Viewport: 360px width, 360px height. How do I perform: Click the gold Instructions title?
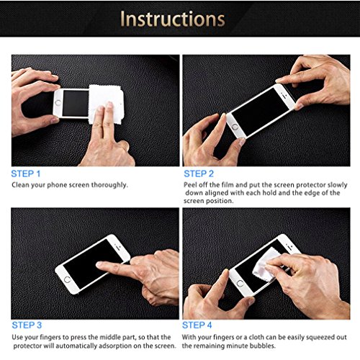click(x=172, y=19)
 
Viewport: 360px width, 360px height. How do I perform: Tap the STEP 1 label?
click(x=26, y=174)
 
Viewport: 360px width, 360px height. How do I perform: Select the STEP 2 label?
click(x=199, y=174)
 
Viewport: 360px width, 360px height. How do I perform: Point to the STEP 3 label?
click(x=27, y=325)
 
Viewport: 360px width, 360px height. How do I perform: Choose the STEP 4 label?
click(x=197, y=325)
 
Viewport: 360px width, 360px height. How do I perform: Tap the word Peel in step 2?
click(x=189, y=185)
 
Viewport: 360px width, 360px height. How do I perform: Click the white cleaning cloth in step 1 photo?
click(x=106, y=102)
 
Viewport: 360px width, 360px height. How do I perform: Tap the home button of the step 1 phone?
click(x=58, y=103)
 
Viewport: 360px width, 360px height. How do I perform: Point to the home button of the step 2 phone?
click(x=235, y=127)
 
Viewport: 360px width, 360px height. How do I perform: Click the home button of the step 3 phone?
click(x=68, y=279)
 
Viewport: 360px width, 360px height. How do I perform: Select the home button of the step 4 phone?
click(x=240, y=284)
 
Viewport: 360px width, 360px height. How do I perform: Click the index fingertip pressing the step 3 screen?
click(x=99, y=265)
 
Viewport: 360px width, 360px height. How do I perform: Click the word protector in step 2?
click(x=311, y=185)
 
